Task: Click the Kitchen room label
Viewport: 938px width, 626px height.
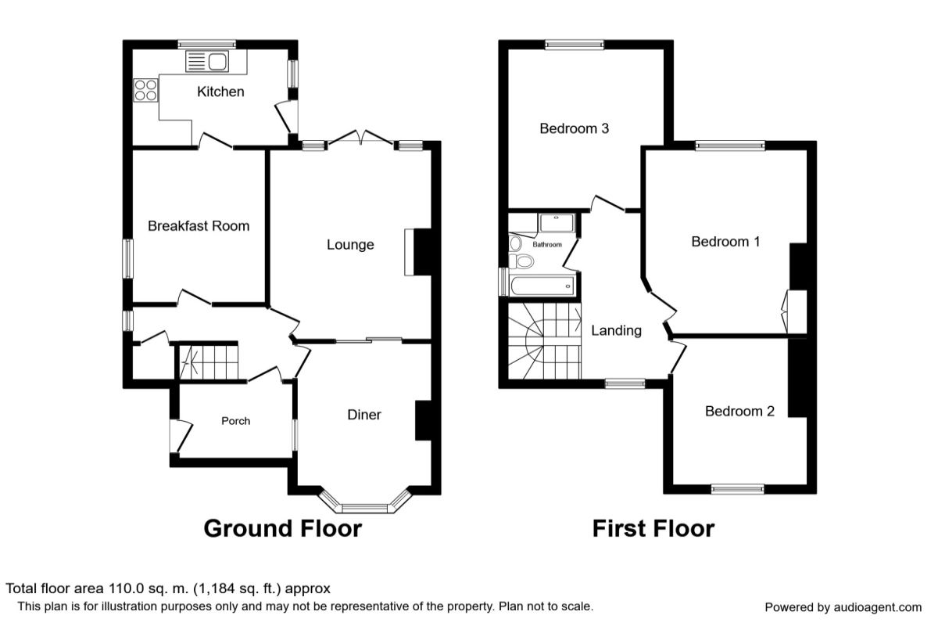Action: coord(220,92)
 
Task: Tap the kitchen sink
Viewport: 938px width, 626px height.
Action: coord(207,62)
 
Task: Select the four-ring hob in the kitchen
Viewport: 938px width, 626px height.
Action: coord(145,90)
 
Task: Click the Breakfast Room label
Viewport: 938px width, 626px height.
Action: coord(199,226)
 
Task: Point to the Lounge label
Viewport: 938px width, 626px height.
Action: coord(350,245)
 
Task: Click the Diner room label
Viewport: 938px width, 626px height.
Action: coord(364,415)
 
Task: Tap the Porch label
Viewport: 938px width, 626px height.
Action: coord(236,421)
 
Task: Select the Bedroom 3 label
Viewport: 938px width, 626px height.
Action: coord(574,128)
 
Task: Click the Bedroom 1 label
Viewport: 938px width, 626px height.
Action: coord(725,242)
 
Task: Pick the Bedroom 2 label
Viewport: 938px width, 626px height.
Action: coord(739,412)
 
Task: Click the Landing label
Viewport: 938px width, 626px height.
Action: coord(616,331)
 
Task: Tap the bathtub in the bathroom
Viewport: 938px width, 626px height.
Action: coord(542,286)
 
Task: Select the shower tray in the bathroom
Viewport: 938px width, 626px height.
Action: coord(557,224)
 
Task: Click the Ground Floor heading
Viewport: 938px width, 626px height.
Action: coord(283,528)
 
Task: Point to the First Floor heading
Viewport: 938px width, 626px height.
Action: coord(653,528)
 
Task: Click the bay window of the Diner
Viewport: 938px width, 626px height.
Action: coord(364,502)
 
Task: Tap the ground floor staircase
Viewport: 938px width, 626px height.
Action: coord(209,362)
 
